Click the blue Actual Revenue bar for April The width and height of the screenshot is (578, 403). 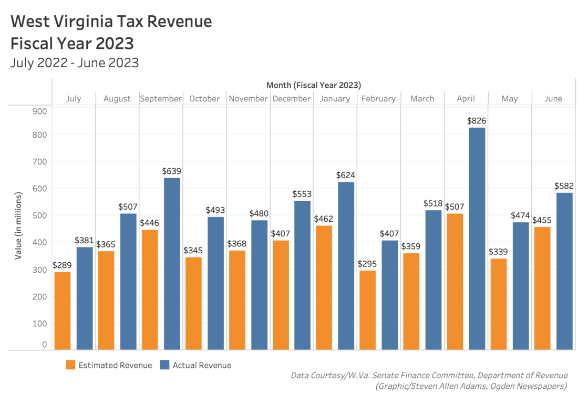pyautogui.click(x=477, y=238)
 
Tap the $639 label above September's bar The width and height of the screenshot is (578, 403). pyautogui.click(x=172, y=171)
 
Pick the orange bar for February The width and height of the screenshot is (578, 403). pyautogui.click(x=368, y=309)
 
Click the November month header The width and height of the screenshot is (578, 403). pyautogui.click(x=248, y=99)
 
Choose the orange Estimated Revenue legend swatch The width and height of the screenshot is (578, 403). pyautogui.click(x=70, y=365)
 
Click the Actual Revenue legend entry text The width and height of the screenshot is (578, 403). pyautogui.click(x=202, y=365)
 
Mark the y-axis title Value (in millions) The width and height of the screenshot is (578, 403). pyautogui.click(x=19, y=225)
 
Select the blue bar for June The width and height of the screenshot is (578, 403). pyautogui.click(x=564, y=271)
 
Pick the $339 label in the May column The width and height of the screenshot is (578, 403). pyautogui.click(x=498, y=251)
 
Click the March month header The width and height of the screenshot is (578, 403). pyautogui.click(x=422, y=99)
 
